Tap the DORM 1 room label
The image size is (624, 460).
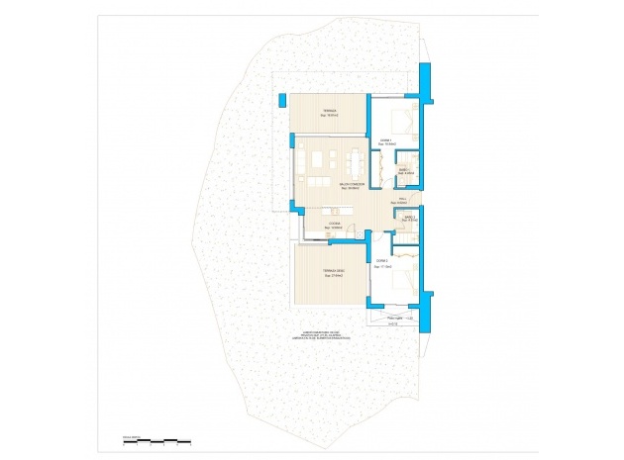click(385, 141)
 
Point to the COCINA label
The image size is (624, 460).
click(336, 224)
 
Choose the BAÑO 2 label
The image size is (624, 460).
click(410, 218)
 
